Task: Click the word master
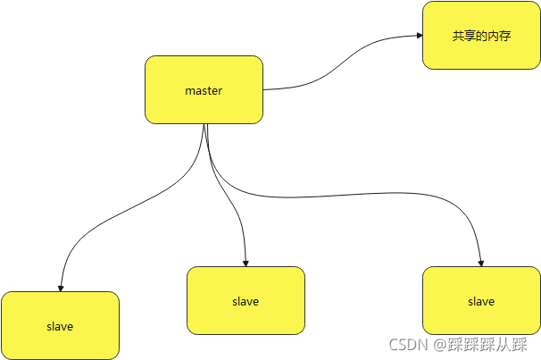pos(204,91)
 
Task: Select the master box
pos(204,89)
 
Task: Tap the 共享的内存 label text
pos(481,36)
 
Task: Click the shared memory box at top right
pos(481,35)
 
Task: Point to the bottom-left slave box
pos(60,325)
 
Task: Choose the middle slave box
pos(246,300)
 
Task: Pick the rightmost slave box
pos(481,300)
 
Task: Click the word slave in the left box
pos(60,327)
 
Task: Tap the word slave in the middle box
pos(246,302)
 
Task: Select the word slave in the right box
pos(481,302)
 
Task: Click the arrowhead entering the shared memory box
pos(420,35)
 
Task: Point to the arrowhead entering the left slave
pos(61,289)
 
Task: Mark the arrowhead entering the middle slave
pos(246,264)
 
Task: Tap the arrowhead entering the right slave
pos(481,264)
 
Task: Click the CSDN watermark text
pos(409,345)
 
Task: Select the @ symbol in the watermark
pos(440,345)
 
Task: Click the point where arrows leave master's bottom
pos(204,124)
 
